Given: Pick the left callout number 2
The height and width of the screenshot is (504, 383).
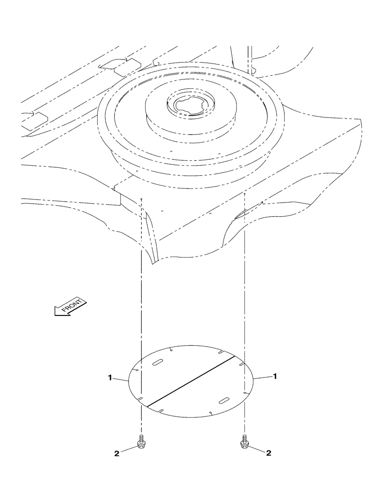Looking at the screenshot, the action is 117,453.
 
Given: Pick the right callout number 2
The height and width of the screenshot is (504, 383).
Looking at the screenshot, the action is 268,453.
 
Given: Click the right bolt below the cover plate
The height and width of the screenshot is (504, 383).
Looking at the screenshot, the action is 245,442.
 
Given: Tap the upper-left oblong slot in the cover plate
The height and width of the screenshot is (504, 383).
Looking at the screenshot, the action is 157,362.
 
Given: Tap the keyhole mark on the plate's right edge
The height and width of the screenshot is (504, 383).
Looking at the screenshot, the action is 245,392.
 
